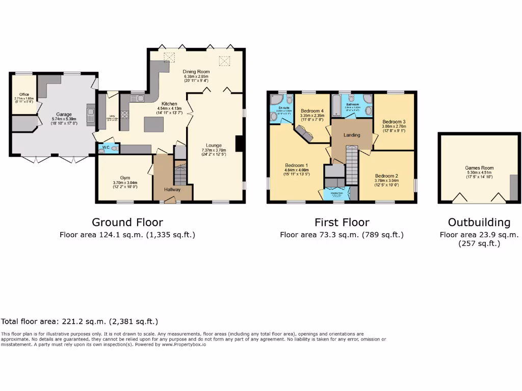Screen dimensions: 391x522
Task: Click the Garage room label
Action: pyautogui.click(x=64, y=115)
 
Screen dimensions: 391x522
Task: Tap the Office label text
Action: pyautogui.click(x=24, y=94)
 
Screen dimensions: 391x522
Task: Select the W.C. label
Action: pyautogui.click(x=106, y=148)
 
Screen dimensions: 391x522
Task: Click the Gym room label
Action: pyautogui.click(x=125, y=178)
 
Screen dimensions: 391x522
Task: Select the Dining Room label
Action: pyautogui.click(x=196, y=72)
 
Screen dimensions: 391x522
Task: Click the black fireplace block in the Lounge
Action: pyautogui.click(x=239, y=144)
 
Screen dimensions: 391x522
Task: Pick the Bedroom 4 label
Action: pyautogui.click(x=312, y=111)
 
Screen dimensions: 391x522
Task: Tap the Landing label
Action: pyautogui.click(x=352, y=135)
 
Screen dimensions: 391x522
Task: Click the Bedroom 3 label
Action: pyautogui.click(x=394, y=122)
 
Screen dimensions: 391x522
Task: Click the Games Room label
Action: pyautogui.click(x=479, y=167)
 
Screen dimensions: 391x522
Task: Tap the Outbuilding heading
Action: pyautogui.click(x=479, y=222)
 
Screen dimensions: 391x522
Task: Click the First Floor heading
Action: pyautogui.click(x=342, y=222)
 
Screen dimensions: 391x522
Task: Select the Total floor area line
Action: pyautogui.click(x=80, y=322)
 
